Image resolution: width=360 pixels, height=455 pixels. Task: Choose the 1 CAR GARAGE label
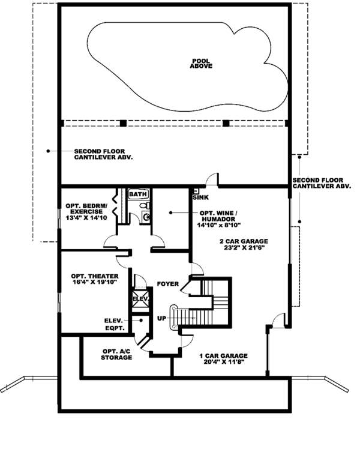[223, 355]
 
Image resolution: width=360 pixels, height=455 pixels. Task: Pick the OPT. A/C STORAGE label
[116, 354]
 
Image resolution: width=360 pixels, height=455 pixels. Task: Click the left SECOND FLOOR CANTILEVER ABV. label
[103, 154]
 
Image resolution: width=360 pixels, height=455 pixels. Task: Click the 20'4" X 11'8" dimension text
[223, 363]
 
